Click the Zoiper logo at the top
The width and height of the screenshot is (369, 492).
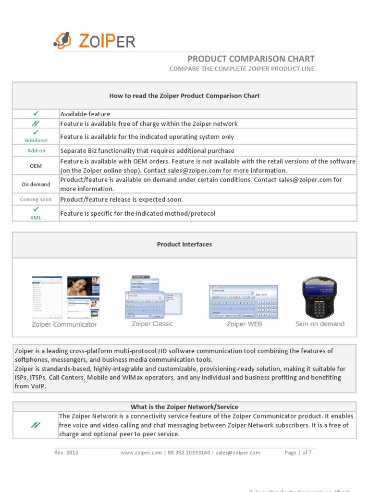(x=94, y=40)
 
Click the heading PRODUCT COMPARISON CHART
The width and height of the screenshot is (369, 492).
(x=251, y=59)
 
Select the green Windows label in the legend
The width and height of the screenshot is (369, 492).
(x=36, y=140)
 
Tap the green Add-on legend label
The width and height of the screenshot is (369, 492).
(x=36, y=151)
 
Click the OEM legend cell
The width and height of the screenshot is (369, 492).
(x=36, y=166)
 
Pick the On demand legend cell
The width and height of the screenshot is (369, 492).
(x=36, y=184)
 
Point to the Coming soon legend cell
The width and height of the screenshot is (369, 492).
(x=36, y=199)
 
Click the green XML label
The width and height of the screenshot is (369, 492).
(x=36, y=218)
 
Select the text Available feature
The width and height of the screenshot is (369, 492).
(x=85, y=114)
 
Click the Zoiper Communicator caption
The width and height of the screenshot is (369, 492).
(x=64, y=324)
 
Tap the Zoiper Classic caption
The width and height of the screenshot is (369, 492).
(x=152, y=324)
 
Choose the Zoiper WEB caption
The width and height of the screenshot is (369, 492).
(x=244, y=324)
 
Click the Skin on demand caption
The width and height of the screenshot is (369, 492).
(x=320, y=324)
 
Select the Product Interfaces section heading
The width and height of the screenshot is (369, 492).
(x=184, y=245)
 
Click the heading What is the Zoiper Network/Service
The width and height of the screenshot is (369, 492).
(x=184, y=407)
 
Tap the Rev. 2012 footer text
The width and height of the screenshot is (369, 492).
(x=66, y=453)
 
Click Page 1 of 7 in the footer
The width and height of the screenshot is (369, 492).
(x=298, y=453)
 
